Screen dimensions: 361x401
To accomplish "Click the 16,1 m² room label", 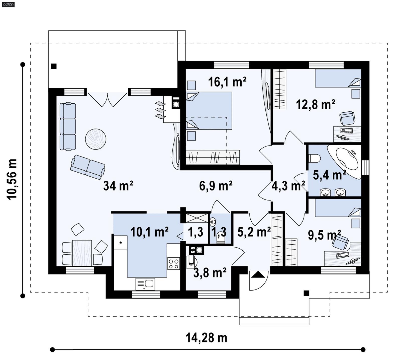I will (x=227, y=82).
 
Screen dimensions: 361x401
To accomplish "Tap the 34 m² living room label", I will (x=118, y=186).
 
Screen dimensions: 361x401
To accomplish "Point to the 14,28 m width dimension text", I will (x=206, y=338).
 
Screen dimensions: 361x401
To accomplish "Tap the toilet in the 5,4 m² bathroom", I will (x=315, y=159).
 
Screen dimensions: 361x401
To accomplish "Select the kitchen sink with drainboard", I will (x=145, y=284).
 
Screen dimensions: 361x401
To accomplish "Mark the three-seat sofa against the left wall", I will (x=68, y=127).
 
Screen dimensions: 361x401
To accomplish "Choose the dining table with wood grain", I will (x=82, y=253).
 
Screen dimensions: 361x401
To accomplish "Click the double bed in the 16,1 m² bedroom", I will (x=209, y=111).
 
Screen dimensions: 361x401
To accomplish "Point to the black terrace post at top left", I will (x=54, y=66).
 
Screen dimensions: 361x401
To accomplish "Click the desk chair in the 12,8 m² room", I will (x=347, y=118).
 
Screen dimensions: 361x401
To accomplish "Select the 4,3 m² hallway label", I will (x=288, y=186).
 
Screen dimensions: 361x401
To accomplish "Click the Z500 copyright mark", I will (x=8, y=4).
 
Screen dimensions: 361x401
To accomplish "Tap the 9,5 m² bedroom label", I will (x=324, y=235).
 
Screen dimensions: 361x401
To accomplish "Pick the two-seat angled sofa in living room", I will (x=87, y=167).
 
